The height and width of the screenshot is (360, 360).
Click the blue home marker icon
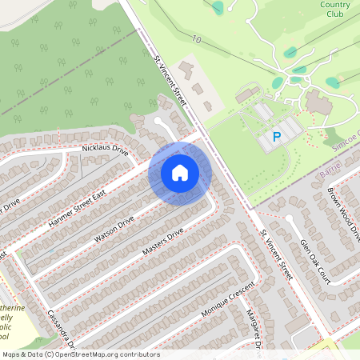[180, 172]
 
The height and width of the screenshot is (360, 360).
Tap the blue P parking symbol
[278, 138]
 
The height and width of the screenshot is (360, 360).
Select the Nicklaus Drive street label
[105, 150]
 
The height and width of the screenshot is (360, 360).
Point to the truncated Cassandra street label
[60, 328]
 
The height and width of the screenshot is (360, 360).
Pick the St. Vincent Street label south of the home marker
[276, 258]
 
